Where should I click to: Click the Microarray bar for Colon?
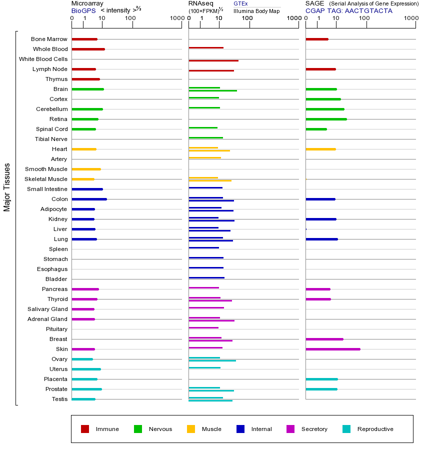point(89,199)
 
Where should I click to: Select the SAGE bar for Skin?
point(332,349)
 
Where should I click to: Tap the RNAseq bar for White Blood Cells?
point(213,60)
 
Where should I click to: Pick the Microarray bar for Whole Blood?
point(88,49)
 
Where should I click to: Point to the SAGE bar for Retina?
point(326,119)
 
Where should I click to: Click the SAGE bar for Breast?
point(324,339)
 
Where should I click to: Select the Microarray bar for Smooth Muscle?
point(86,169)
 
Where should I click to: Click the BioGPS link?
point(83,10)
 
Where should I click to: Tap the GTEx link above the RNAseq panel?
point(240,3)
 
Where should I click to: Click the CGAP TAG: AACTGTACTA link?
point(349,10)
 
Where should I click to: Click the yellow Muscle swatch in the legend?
point(191,429)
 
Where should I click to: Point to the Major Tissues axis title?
point(7,187)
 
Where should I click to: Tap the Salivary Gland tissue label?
point(47,309)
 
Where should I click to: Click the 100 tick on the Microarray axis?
point(130,18)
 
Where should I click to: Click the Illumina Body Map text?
point(256,10)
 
